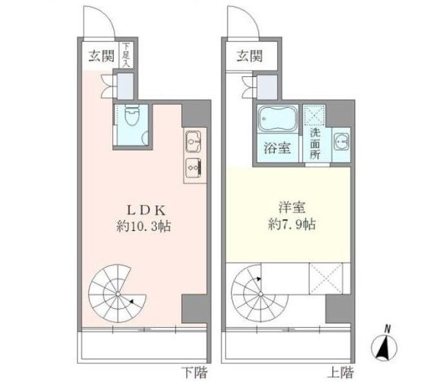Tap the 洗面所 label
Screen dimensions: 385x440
click(315, 144)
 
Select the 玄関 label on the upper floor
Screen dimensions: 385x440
click(249, 56)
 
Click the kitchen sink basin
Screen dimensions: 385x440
click(194, 139)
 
